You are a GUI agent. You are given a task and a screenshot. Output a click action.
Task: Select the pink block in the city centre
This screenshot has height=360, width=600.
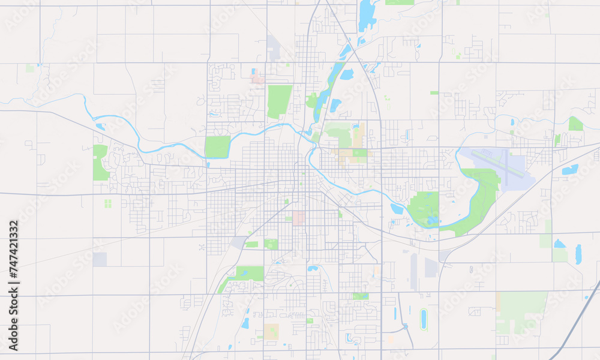[x=298, y=217]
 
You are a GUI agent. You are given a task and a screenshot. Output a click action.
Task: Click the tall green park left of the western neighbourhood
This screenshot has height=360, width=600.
[x=100, y=163]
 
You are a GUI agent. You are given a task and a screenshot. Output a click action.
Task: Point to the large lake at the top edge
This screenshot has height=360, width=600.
[x=366, y=14]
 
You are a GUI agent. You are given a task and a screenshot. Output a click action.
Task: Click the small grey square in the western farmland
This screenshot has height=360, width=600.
[x=100, y=259]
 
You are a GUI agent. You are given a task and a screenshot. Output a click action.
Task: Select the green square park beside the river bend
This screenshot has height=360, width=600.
[x=218, y=146]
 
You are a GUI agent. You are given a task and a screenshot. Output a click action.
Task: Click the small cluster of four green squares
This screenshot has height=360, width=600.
[x=108, y=203]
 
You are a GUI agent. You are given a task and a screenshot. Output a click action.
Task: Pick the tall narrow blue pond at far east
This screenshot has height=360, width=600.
[x=578, y=254]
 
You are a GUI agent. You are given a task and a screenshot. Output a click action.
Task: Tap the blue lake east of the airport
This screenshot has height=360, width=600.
[x=569, y=170]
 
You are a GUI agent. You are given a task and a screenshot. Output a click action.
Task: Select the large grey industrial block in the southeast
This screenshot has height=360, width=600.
[x=431, y=268]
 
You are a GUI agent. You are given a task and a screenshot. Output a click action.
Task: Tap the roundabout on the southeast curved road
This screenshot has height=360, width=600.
[x=406, y=327]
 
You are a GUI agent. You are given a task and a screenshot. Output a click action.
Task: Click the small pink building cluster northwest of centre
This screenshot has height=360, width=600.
[x=257, y=77]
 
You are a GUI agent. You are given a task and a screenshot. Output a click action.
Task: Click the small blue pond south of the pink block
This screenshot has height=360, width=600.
[x=313, y=268]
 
